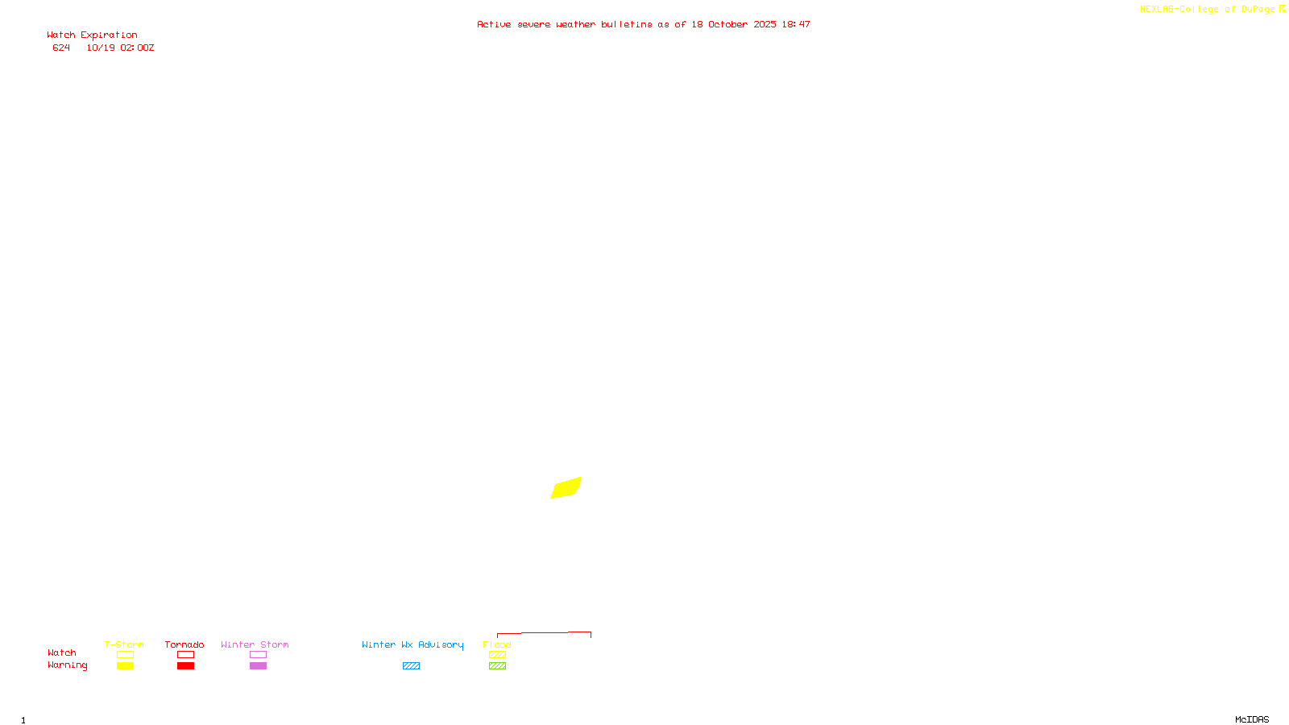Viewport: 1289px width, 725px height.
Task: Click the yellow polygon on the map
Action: (566, 488)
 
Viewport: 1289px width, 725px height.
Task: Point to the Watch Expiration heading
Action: (92, 35)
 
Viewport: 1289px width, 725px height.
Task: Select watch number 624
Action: (61, 48)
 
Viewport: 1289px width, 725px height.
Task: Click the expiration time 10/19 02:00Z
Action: (120, 48)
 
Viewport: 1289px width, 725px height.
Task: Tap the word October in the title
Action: (727, 25)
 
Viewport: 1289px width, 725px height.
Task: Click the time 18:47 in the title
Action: (796, 25)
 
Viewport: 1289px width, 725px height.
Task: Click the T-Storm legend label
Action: (124, 644)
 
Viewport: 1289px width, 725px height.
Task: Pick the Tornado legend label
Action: (184, 644)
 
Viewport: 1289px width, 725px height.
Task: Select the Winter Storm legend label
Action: (255, 644)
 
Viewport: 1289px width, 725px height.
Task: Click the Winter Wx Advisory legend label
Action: (412, 644)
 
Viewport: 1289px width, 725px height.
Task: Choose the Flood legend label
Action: (497, 644)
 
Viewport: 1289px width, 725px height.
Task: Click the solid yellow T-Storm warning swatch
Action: (125, 666)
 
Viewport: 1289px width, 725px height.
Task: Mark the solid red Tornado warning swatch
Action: (186, 666)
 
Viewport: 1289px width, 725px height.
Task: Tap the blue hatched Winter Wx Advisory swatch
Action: (411, 666)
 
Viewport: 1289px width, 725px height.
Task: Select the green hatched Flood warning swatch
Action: (497, 666)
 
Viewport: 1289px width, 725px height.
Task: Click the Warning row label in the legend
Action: (67, 665)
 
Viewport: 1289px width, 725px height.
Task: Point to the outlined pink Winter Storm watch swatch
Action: (258, 655)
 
